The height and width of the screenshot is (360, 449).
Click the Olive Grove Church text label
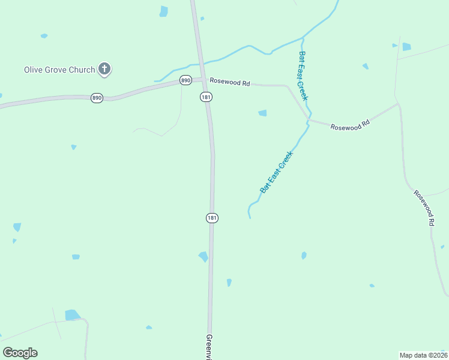[x=59, y=70]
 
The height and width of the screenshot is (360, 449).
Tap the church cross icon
[x=105, y=70]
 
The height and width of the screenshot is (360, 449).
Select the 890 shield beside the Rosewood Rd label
[x=185, y=80]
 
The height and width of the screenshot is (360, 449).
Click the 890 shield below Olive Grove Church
[x=97, y=98]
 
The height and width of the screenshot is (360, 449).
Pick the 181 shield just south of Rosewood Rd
[x=206, y=97]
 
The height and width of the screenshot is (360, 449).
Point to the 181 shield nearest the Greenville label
[x=211, y=218]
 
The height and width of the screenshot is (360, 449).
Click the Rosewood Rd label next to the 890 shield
[x=229, y=83]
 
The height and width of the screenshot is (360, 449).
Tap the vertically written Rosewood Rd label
[x=424, y=208]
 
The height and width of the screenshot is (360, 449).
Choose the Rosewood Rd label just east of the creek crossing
[x=351, y=127]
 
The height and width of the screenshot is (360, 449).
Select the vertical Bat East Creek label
[x=303, y=76]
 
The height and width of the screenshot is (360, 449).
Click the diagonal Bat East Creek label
[x=276, y=172]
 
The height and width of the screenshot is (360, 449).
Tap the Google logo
[x=20, y=353]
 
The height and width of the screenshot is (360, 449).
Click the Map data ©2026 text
[x=423, y=355]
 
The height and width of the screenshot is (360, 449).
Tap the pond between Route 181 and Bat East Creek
[x=262, y=113]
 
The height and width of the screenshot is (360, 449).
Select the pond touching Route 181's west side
[x=203, y=257]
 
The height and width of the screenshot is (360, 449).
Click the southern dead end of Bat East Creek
[x=250, y=218]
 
